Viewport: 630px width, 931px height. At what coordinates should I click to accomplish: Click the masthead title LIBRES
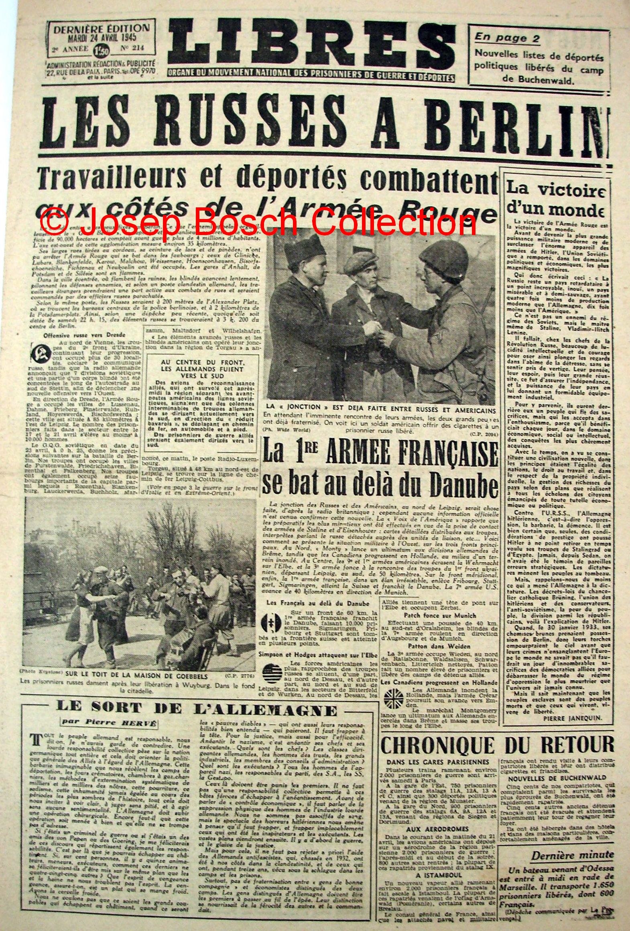(x=311, y=44)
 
